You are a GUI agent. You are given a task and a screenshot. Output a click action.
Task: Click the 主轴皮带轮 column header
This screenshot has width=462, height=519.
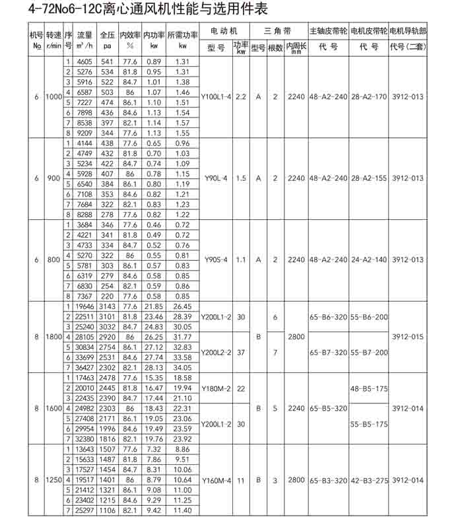click(x=328, y=31)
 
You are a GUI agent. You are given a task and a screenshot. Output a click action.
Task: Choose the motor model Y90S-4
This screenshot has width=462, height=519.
click(x=216, y=260)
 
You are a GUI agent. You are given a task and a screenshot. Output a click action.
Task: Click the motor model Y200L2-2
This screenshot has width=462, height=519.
click(x=216, y=353)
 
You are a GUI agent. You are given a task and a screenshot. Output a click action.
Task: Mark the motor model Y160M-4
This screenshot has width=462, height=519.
click(x=216, y=480)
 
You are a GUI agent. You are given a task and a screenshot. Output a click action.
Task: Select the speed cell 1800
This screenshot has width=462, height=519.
click(x=53, y=337)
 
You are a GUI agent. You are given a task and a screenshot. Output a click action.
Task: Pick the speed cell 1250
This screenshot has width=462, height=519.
click(x=53, y=480)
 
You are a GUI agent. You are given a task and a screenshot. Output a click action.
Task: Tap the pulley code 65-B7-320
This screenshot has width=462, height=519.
click(x=328, y=353)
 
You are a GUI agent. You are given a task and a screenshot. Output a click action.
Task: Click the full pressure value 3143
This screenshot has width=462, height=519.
click(x=107, y=307)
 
